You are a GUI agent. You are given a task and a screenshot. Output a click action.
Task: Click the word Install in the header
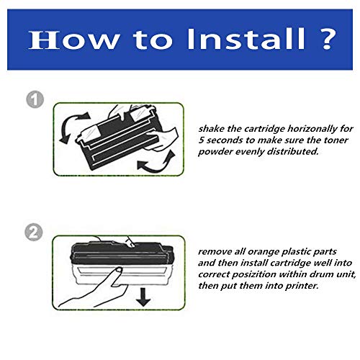click(246, 39)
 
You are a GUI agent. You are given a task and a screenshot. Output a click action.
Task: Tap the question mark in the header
click(327, 39)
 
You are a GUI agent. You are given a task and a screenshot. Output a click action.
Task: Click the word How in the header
click(74, 40)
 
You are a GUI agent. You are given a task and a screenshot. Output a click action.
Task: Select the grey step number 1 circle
click(35, 99)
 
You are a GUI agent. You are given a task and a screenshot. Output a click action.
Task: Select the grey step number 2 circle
click(34, 233)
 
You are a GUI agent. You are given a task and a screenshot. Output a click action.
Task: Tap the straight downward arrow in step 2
click(143, 297)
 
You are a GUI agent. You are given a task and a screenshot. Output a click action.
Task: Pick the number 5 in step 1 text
click(201, 140)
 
